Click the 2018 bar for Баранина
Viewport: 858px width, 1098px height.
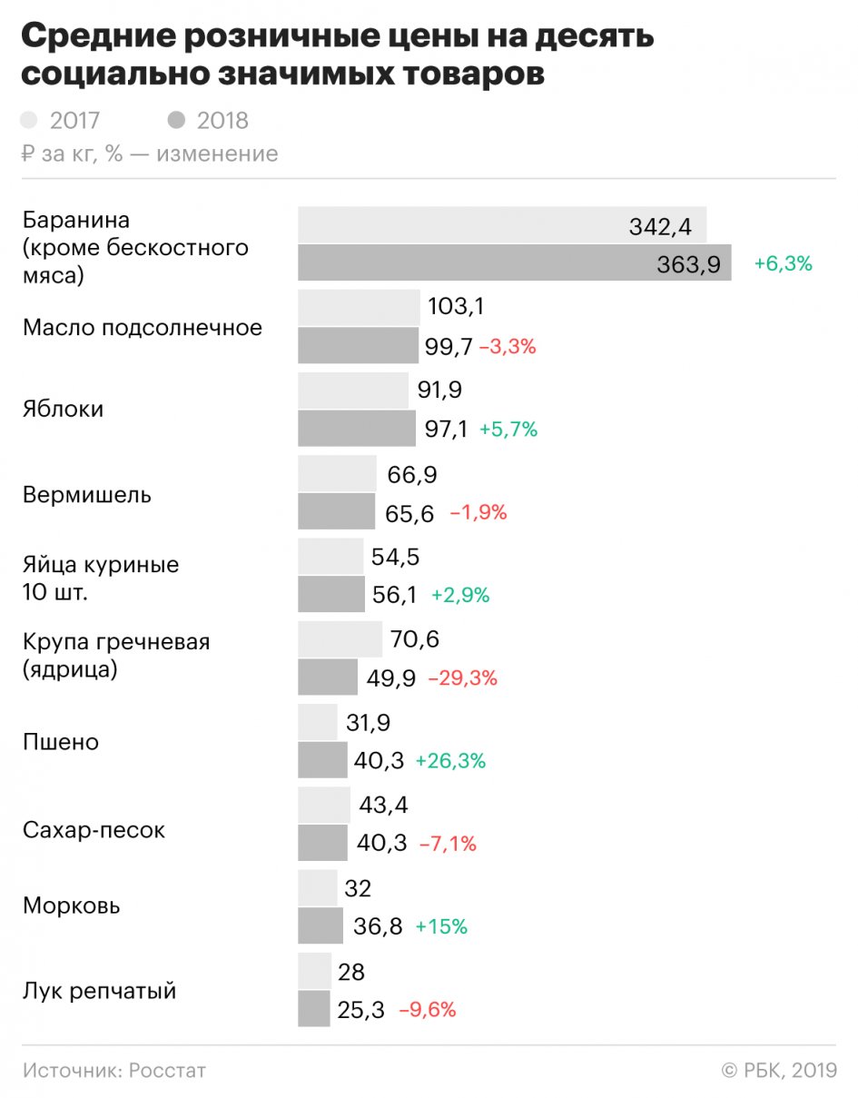click(514, 263)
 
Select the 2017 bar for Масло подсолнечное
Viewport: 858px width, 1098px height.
click(359, 308)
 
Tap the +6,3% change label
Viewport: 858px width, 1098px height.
click(783, 264)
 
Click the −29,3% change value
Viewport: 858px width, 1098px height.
click(462, 678)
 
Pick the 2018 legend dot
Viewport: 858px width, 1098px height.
click(177, 120)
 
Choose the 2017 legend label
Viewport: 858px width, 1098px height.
click(74, 120)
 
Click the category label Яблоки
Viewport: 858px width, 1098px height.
click(63, 409)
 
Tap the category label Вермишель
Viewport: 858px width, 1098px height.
click(87, 496)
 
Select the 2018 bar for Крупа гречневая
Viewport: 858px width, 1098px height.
click(328, 678)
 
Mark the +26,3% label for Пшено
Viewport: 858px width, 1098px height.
click(450, 761)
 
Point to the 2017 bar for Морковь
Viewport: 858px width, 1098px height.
click(317, 887)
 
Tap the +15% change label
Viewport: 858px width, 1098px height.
click(441, 927)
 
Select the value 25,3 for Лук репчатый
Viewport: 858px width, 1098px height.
click(360, 1009)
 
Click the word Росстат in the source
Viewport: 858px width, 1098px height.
click(167, 1071)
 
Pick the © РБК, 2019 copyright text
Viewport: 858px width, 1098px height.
click(778, 1071)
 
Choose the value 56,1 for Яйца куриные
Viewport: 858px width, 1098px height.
click(395, 595)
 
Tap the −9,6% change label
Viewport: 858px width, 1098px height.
click(427, 1009)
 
